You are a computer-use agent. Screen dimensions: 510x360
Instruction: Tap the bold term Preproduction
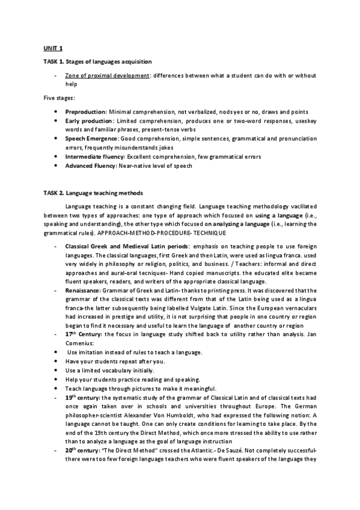(85, 112)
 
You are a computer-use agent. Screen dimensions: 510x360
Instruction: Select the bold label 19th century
(84, 397)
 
